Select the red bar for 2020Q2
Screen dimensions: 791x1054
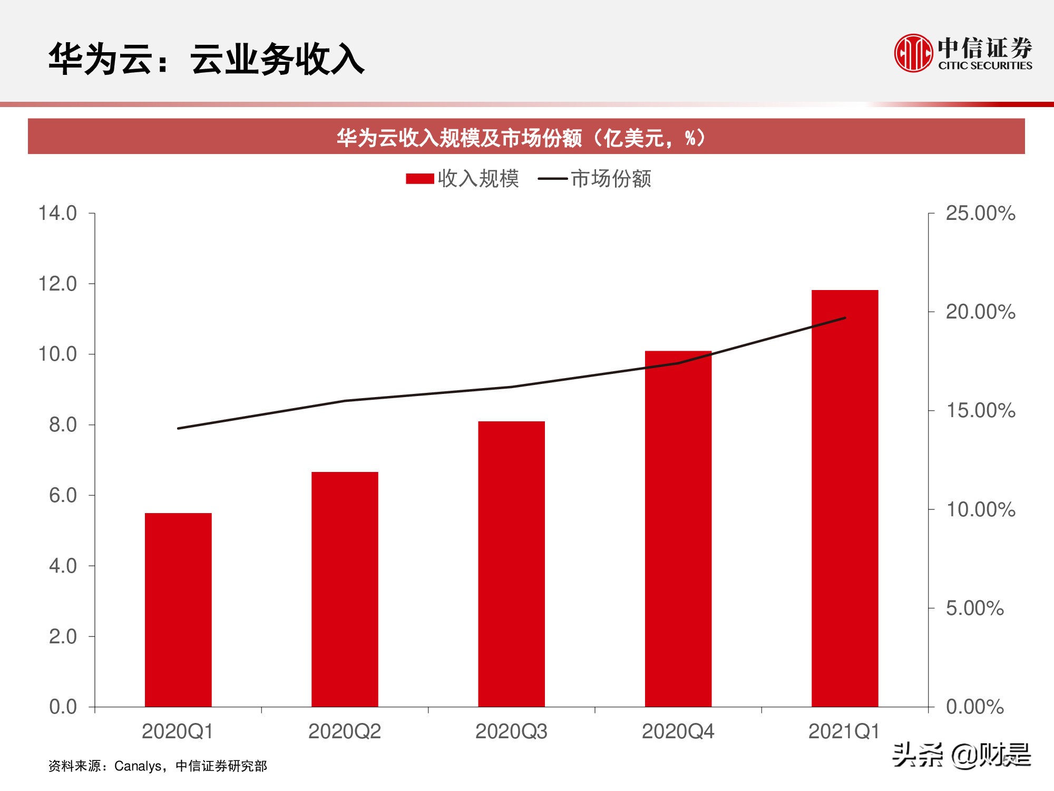pyautogui.click(x=345, y=589)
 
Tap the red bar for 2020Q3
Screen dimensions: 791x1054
pyautogui.click(x=511, y=564)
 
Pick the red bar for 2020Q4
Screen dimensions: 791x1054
pyautogui.click(x=678, y=528)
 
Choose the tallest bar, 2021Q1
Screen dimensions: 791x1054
pyautogui.click(x=845, y=498)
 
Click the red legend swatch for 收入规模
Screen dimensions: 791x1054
pyautogui.click(x=419, y=179)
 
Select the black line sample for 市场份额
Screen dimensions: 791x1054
pyautogui.click(x=552, y=179)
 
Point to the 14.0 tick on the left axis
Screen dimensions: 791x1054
pyautogui.click(x=57, y=214)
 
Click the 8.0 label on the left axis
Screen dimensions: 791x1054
pyautogui.click(x=63, y=425)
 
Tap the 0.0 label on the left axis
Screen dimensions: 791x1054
pyautogui.click(x=63, y=707)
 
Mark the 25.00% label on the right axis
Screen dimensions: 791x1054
pyautogui.click(x=980, y=214)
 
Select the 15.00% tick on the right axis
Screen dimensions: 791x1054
pyautogui.click(x=980, y=411)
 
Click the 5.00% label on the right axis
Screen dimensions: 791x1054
pyautogui.click(x=974, y=609)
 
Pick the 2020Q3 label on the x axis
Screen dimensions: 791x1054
pyautogui.click(x=511, y=732)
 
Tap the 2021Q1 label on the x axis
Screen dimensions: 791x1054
pyautogui.click(x=844, y=732)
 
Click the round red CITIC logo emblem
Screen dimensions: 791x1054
pyautogui.click(x=913, y=53)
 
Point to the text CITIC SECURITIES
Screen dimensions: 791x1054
pyautogui.click(x=985, y=66)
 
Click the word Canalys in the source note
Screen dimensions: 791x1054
pyautogui.click(x=138, y=766)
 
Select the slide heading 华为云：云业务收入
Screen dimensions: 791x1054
pyautogui.click(x=206, y=59)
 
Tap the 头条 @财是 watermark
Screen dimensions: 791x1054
pyautogui.click(x=961, y=755)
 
